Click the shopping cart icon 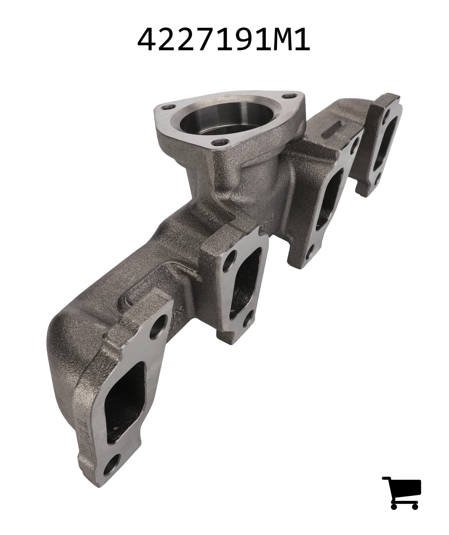(402, 493)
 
